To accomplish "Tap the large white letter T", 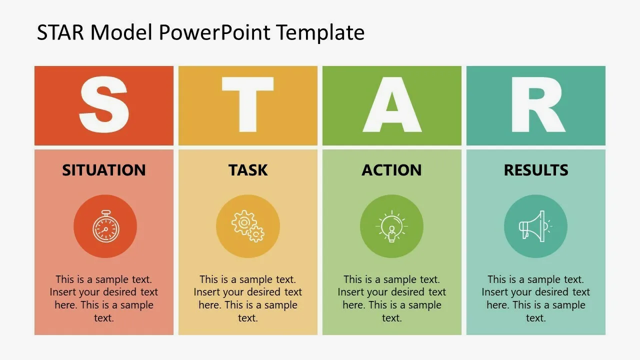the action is (247, 104).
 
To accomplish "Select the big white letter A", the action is (392, 104).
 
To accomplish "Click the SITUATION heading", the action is (104, 170).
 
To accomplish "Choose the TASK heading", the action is (248, 170).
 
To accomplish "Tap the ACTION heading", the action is (391, 170).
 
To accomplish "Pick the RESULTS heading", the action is (536, 170).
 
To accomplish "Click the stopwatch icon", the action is (105, 226).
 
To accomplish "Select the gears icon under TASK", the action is (247, 226).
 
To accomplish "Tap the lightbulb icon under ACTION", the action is (391, 226).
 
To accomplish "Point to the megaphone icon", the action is (535, 226).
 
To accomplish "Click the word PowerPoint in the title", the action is (214, 32).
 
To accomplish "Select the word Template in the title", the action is (320, 32).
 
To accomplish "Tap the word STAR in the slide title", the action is (60, 32).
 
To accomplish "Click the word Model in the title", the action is (121, 32).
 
